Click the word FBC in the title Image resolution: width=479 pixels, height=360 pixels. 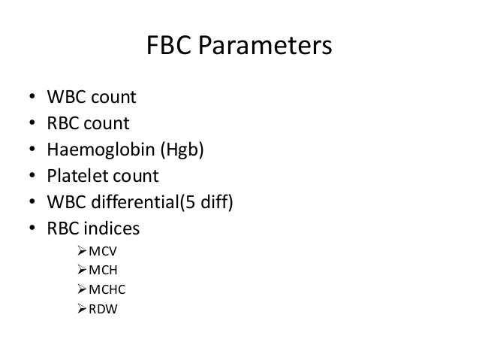(167, 49)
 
